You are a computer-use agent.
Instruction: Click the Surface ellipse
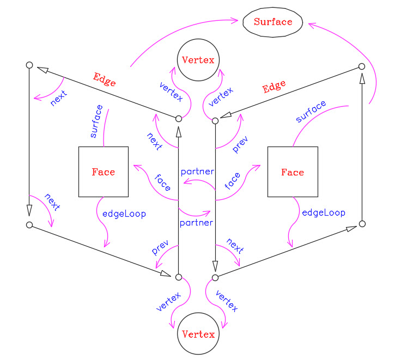[272, 22]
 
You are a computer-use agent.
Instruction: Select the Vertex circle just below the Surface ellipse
[197, 60]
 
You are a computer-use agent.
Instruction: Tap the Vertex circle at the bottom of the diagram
[197, 333]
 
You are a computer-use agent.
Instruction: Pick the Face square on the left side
[104, 172]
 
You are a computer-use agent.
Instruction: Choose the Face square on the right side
[293, 172]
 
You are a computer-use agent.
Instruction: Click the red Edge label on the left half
[105, 80]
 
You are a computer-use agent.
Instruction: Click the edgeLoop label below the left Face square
[124, 214]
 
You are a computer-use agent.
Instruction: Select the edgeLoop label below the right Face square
[324, 212]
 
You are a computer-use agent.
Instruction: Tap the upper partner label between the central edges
[197, 172]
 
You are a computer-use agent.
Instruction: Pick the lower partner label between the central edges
[196, 222]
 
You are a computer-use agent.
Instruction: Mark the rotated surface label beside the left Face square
[96, 121]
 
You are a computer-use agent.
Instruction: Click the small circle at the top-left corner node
[29, 65]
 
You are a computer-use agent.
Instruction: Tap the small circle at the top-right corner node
[362, 66]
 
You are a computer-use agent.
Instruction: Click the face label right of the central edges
[232, 180]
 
